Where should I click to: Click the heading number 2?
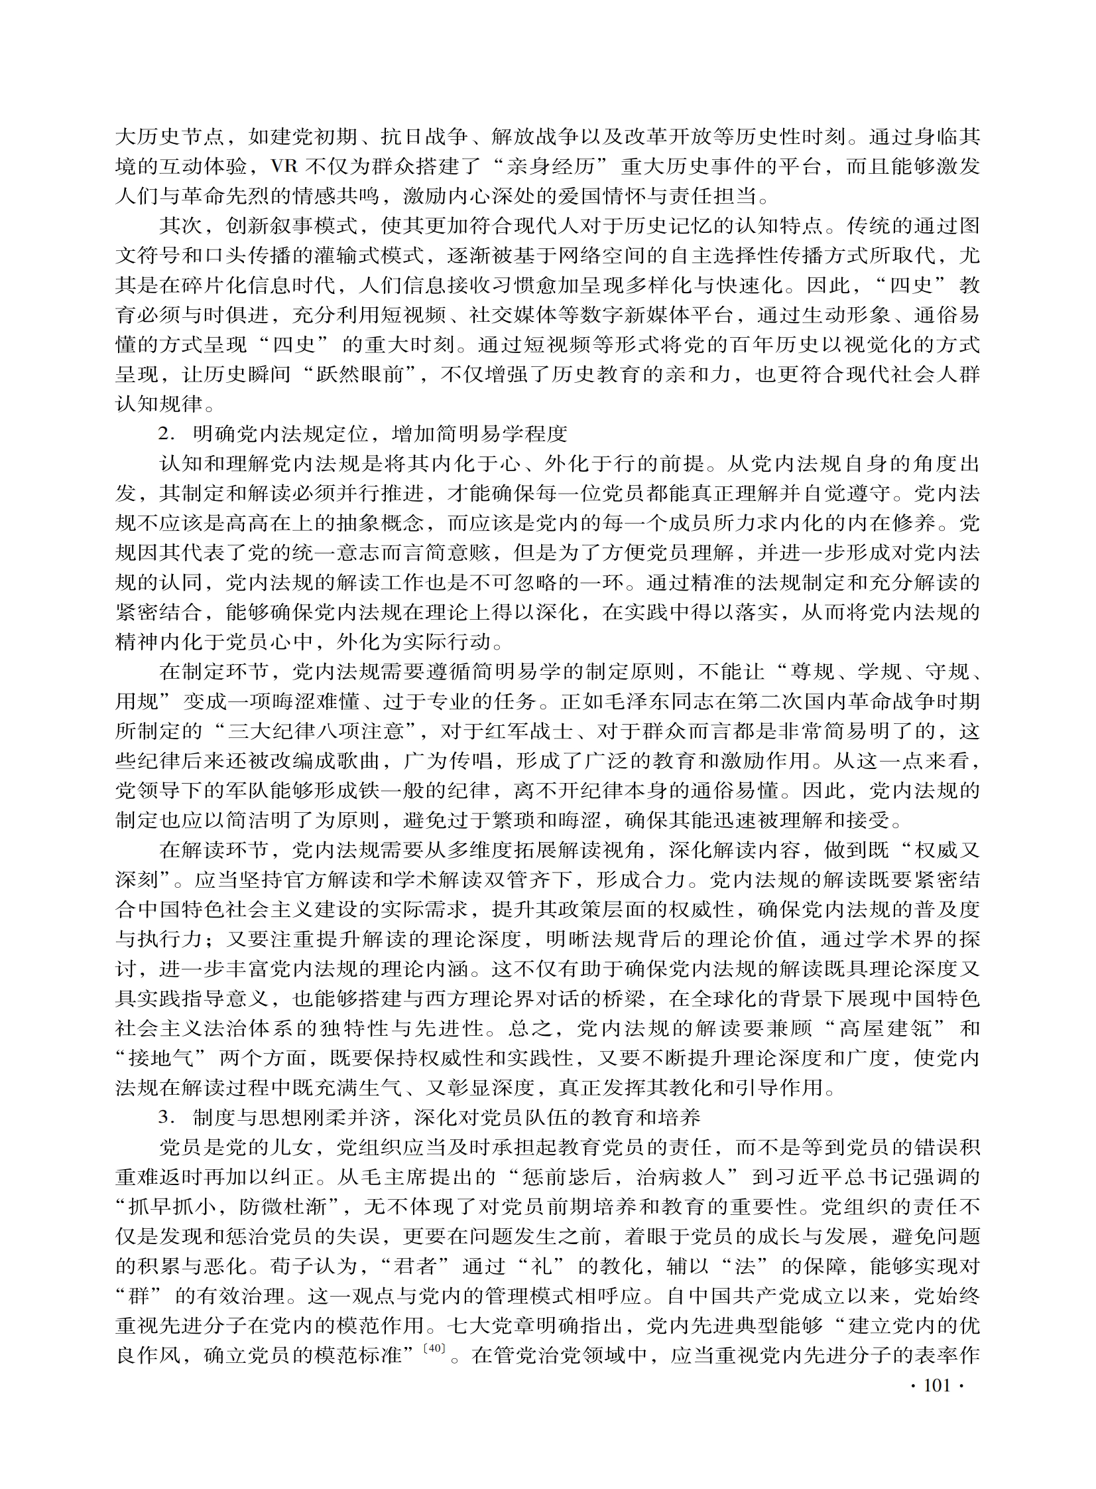pyautogui.click(x=165, y=434)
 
